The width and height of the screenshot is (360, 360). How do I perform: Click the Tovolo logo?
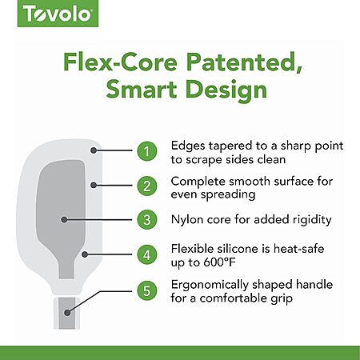pos(58,14)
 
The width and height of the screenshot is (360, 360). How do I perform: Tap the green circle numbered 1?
pos(147,151)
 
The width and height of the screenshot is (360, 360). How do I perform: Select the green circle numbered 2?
pos(147,186)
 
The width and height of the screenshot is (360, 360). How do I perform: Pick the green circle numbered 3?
pos(147,220)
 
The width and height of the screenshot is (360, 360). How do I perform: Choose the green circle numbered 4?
pos(147,254)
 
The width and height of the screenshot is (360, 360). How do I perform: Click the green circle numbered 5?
pos(147,290)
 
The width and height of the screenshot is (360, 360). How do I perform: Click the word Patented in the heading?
pos(244,63)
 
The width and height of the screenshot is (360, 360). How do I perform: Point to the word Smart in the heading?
pos(142,89)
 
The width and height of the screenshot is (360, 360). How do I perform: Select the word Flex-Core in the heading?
pos(120,62)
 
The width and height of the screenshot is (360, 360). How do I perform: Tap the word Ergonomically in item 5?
pos(210,286)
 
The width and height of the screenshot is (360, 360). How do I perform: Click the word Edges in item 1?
pos(188,146)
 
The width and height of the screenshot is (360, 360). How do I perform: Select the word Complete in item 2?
pos(198,182)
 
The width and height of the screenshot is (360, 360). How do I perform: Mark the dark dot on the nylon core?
pos(64,219)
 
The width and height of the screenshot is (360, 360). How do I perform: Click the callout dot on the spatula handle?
pos(67,313)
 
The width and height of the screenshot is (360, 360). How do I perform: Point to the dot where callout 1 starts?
pos(94,150)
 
